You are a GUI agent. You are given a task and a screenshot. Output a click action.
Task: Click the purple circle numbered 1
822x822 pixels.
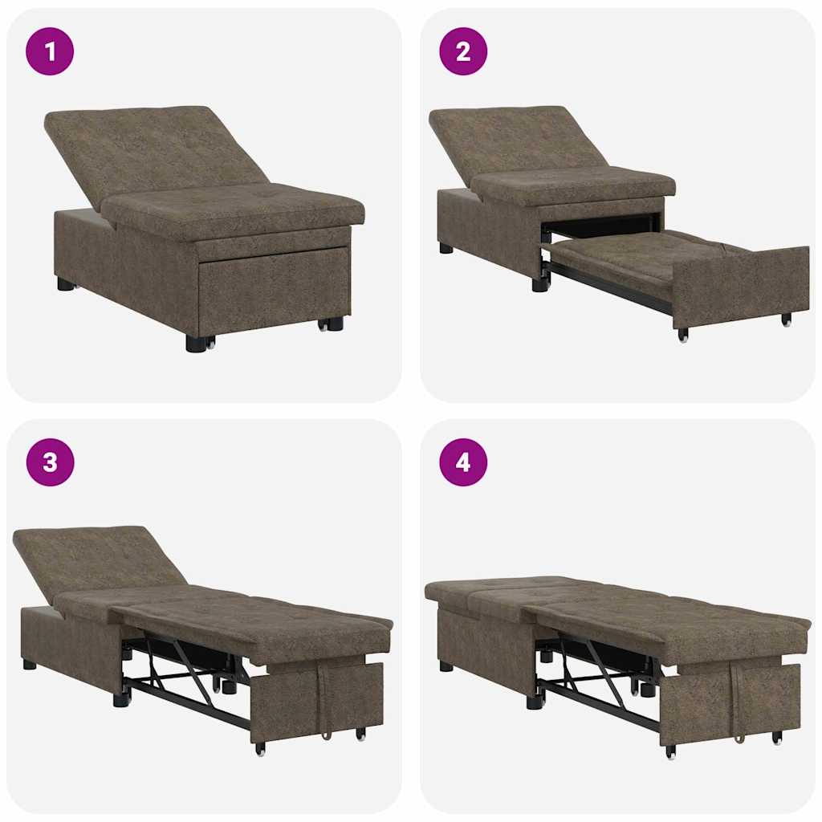[x=50, y=51]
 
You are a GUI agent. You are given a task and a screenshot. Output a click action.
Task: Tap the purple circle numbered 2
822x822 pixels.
[x=463, y=51]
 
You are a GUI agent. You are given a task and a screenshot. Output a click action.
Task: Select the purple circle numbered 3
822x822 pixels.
[x=50, y=462]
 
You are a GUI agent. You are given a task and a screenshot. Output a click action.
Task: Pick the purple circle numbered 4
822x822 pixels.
[x=463, y=462]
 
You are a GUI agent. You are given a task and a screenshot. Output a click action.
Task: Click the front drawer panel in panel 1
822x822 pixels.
[x=273, y=289]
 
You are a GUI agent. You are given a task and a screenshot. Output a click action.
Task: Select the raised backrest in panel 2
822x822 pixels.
[x=514, y=140]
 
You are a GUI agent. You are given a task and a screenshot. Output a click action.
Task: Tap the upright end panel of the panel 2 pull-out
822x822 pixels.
[x=739, y=285]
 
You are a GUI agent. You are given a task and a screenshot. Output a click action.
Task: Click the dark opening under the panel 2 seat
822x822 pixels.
[x=602, y=224]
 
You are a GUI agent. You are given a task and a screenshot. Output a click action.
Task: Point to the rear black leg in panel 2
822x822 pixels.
[x=446, y=248]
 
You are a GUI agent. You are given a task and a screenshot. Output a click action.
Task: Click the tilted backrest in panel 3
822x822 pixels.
[x=96, y=562]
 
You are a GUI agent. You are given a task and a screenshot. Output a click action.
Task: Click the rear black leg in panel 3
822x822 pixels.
[x=30, y=665]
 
